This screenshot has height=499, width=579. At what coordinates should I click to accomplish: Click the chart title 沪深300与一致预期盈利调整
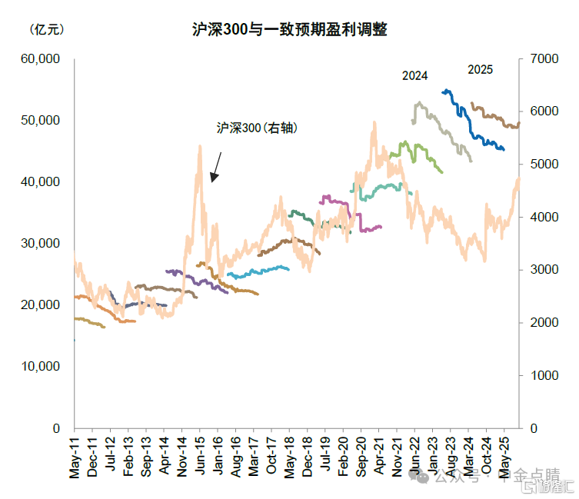pyautogui.click(x=289, y=30)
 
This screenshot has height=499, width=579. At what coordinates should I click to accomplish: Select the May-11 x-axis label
pyautogui.click(x=75, y=457)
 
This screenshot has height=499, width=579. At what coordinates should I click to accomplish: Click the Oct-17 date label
pyautogui.click(x=271, y=457)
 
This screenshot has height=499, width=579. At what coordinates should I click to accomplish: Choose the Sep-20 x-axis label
pyautogui.click(x=361, y=457)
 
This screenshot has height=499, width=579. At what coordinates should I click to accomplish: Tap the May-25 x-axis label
pyautogui.click(x=504, y=457)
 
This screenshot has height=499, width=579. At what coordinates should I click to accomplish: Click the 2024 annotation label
pyautogui.click(x=415, y=75)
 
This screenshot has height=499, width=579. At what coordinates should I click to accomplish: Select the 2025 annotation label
pyautogui.click(x=481, y=70)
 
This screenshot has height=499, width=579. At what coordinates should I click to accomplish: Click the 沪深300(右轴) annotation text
pyautogui.click(x=257, y=129)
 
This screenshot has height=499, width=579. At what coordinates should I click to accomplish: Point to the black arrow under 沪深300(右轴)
pyautogui.click(x=217, y=167)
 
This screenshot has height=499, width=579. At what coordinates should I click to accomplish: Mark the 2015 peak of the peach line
pyautogui.click(x=200, y=147)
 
